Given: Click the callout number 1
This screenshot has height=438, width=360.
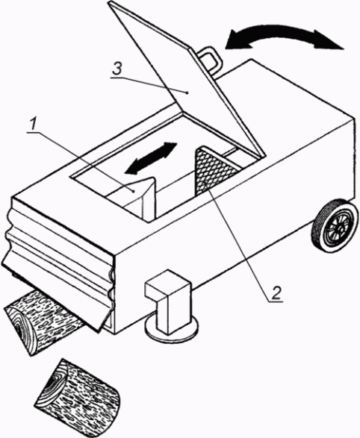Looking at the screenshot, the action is click(x=34, y=124).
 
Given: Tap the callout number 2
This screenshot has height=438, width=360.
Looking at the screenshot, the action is click(x=276, y=293).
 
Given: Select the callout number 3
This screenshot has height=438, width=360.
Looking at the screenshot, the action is click(x=117, y=69).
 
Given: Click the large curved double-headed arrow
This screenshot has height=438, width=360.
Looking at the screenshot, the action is click(x=285, y=33).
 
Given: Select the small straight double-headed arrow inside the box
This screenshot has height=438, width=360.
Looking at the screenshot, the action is click(x=151, y=158).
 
